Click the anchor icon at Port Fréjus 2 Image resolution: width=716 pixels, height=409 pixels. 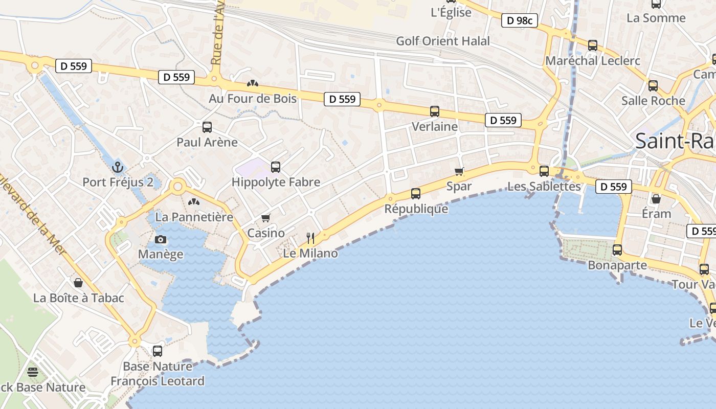coord(118,167)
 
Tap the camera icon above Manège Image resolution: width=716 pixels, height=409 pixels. coord(161,239)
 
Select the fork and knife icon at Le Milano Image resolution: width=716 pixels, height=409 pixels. coord(310,238)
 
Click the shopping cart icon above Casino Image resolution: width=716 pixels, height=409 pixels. coord(265,218)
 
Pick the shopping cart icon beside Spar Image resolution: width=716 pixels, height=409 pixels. coord(459,171)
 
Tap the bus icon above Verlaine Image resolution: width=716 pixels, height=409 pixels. coord(435,111)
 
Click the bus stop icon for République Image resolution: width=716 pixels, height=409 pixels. coord(416,193)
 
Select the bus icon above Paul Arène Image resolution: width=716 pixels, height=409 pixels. coord(207,127)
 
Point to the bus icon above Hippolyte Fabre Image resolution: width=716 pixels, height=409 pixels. coord(276,167)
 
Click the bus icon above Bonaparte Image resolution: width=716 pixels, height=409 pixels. coord(617,250)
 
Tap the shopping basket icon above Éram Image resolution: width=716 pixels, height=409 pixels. coord(656,198)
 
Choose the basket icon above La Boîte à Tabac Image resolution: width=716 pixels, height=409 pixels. coord(79,283)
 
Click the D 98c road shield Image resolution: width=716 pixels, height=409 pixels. coord(519,21)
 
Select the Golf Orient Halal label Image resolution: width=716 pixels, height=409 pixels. coord(443,41)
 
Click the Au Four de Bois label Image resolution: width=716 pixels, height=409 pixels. coord(253,98)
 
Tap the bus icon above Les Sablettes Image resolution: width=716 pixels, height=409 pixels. coord(544,171)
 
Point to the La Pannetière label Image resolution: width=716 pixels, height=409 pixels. coord(194,217)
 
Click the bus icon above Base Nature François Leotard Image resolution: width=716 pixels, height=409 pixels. coord(158,351)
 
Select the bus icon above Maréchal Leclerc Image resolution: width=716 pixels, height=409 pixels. coord(593,46)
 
